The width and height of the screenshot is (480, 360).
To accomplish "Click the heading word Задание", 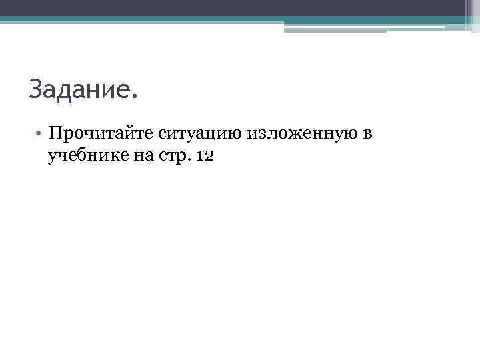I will (x=78, y=89).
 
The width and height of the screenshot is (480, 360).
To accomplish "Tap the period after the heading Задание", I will (x=136, y=97).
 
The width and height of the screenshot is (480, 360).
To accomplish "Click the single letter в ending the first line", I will (x=368, y=134).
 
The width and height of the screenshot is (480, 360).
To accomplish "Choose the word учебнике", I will (x=84, y=157).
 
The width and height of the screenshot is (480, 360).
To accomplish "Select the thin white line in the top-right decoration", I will (x=364, y=27).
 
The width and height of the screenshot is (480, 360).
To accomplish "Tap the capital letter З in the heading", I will (x=35, y=89).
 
